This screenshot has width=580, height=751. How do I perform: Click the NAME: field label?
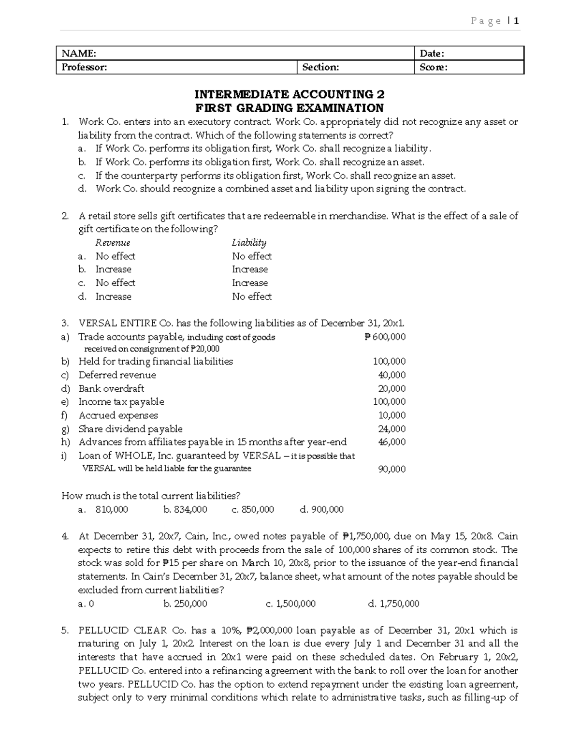pyautogui.click(x=79, y=53)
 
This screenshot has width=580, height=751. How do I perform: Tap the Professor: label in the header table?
pyautogui.click(x=84, y=67)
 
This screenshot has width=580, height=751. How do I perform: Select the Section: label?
pyautogui.click(x=320, y=67)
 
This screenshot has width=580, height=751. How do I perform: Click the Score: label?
pyautogui.click(x=433, y=67)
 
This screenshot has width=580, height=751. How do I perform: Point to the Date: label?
pyautogui.click(x=432, y=53)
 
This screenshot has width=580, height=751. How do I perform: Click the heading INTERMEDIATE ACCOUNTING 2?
pyautogui.click(x=289, y=94)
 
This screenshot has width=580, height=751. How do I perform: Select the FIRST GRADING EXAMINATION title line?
pyautogui.click(x=289, y=108)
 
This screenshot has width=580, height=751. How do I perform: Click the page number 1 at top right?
pyautogui.click(x=517, y=21)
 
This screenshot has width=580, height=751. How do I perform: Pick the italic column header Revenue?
pyautogui.click(x=113, y=243)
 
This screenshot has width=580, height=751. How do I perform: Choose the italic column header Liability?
pyautogui.click(x=249, y=243)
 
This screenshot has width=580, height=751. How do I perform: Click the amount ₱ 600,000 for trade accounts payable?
pyautogui.click(x=385, y=337)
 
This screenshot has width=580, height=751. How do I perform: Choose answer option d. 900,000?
pyautogui.click(x=321, y=510)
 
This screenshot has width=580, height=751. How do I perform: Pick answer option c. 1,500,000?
pyautogui.click(x=290, y=604)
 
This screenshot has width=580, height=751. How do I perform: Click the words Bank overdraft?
pyautogui.click(x=111, y=389)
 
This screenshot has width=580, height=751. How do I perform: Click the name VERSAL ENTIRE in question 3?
pyautogui.click(x=117, y=324)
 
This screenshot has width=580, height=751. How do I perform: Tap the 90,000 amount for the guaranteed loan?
pyautogui.click(x=391, y=469)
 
